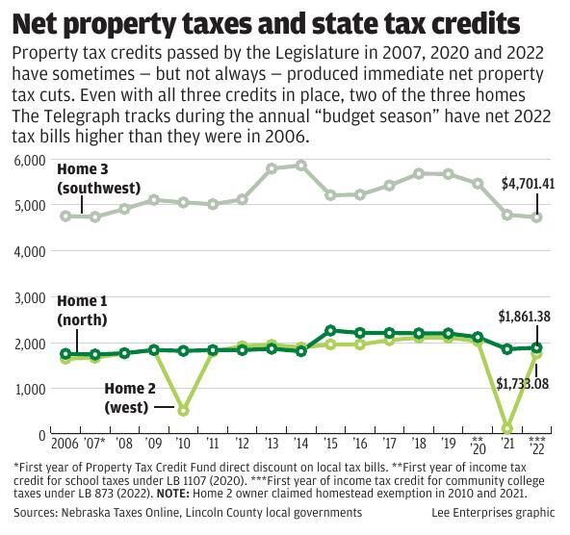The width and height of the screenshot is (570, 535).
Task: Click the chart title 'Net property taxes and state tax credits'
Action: click(269, 22)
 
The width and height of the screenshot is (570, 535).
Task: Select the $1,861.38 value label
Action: click(524, 316)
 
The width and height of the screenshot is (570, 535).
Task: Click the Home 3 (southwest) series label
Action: click(98, 178)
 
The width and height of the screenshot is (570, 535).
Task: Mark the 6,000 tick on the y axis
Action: click(29, 160)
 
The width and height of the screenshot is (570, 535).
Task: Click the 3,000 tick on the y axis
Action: click(29, 298)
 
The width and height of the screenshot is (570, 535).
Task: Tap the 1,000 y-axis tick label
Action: click(29, 390)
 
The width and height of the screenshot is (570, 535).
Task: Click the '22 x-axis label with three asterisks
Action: click(537, 445)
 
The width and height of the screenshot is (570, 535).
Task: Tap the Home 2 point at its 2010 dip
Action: click(183, 411)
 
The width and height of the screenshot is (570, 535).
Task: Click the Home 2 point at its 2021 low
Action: click(507, 428)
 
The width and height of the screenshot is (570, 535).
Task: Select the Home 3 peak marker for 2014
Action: click(301, 166)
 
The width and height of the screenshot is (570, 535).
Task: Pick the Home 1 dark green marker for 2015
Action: click(330, 331)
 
